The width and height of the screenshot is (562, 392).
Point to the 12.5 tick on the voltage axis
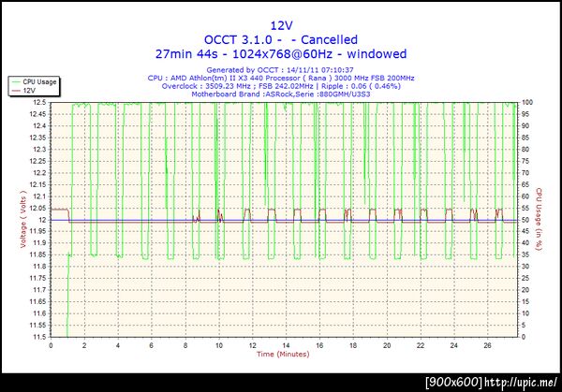(x=38, y=102)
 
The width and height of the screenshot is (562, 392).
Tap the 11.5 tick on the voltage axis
(x=38, y=337)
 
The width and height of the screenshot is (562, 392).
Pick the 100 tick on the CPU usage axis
(x=528, y=102)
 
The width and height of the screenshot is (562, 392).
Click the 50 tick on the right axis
(x=526, y=220)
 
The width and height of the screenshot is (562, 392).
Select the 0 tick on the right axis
(x=525, y=337)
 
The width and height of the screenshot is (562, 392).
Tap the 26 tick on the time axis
(x=487, y=345)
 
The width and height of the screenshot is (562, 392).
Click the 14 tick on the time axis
(x=286, y=345)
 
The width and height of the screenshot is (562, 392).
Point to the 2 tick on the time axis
(x=85, y=345)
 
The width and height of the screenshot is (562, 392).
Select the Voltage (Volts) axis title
(x=21, y=220)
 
